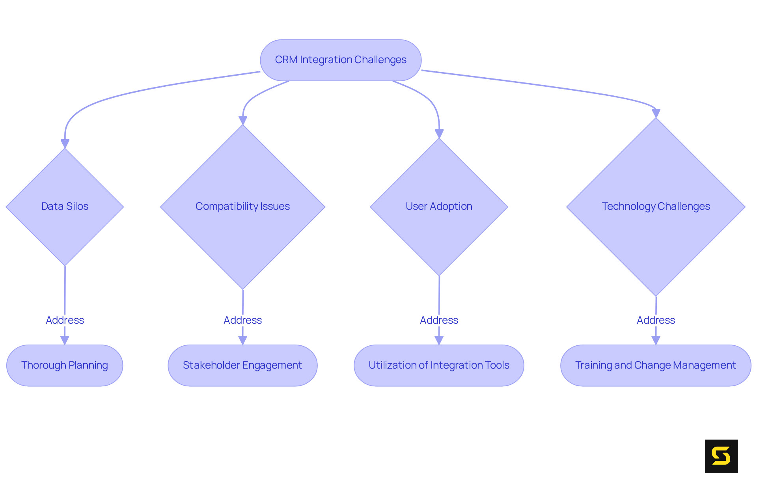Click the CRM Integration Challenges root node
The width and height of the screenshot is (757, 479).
click(x=341, y=60)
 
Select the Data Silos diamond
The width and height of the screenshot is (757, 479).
click(x=65, y=206)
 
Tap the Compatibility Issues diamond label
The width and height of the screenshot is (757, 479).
click(x=242, y=206)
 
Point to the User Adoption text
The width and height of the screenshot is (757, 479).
click(x=439, y=206)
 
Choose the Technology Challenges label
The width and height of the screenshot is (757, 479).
click(x=656, y=206)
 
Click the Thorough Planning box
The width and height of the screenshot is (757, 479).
click(x=65, y=365)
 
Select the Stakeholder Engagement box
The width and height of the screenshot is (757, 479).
click(x=242, y=365)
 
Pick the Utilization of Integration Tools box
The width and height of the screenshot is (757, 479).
click(x=439, y=365)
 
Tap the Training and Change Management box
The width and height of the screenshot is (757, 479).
click(x=656, y=365)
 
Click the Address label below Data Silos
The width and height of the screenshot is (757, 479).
click(x=65, y=320)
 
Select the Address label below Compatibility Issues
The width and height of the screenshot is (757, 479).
click(x=242, y=320)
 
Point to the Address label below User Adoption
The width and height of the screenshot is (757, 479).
click(x=439, y=320)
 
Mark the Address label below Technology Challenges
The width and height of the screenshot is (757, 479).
click(x=656, y=320)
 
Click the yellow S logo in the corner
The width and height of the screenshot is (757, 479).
click(x=721, y=456)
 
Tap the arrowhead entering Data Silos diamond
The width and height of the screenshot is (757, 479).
click(x=65, y=144)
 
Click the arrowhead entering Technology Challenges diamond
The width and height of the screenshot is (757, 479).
click(x=656, y=113)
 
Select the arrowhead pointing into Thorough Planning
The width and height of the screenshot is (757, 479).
click(x=65, y=340)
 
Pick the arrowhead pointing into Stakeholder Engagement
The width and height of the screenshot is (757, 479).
click(x=242, y=340)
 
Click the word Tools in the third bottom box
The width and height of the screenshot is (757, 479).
click(x=498, y=365)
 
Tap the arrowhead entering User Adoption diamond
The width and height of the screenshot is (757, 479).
click(x=439, y=134)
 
